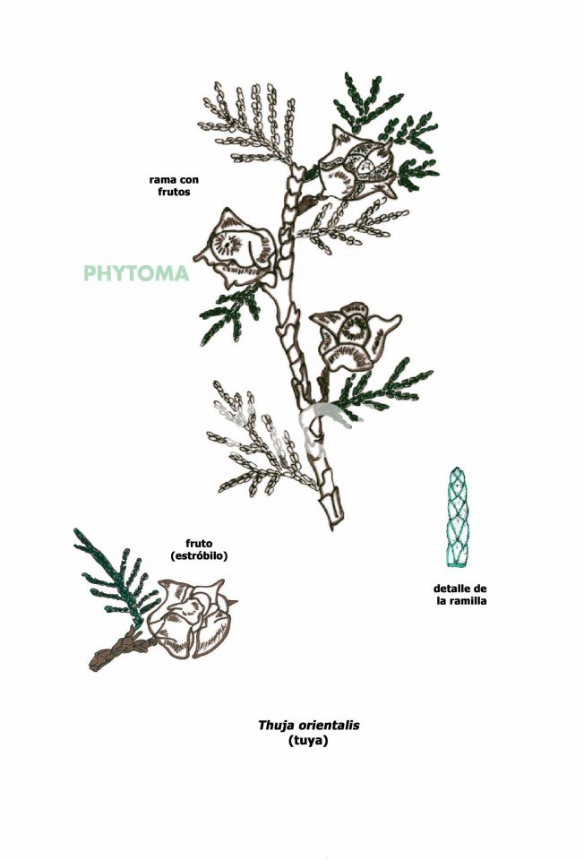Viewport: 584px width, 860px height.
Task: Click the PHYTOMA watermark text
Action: (x=136, y=273)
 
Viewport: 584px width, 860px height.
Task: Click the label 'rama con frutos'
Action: (x=174, y=185)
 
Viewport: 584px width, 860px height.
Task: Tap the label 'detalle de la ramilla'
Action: (x=460, y=595)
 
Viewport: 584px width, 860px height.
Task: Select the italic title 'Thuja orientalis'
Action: (x=309, y=725)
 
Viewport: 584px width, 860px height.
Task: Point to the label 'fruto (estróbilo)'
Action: (x=199, y=549)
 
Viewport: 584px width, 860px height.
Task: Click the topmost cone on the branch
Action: (x=356, y=162)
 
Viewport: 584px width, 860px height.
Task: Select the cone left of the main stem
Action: (x=236, y=247)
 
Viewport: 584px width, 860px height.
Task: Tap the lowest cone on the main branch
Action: (x=353, y=335)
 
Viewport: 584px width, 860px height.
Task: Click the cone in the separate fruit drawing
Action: (x=191, y=617)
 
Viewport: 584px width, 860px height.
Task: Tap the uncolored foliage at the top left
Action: (x=251, y=124)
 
